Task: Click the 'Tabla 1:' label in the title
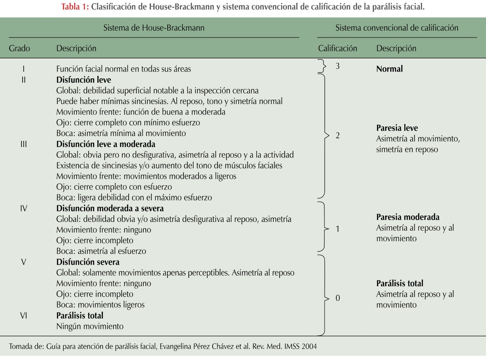(x=75, y=7)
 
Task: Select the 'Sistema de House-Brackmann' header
(x=154, y=28)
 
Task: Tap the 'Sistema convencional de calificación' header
(x=397, y=28)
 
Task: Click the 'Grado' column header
(x=19, y=48)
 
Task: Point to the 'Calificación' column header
(x=337, y=48)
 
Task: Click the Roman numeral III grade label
(x=24, y=144)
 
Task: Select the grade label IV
(x=24, y=208)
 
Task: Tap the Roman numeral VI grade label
(x=24, y=316)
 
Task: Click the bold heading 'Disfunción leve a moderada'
(x=106, y=144)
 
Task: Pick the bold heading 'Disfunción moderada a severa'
(x=110, y=208)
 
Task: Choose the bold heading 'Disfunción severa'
(x=88, y=262)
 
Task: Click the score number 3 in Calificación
(x=338, y=66)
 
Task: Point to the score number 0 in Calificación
(x=338, y=298)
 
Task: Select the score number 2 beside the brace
(x=338, y=136)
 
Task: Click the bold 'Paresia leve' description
(x=397, y=128)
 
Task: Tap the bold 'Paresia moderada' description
(x=408, y=217)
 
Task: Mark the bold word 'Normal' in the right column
(x=389, y=69)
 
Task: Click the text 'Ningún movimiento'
(x=90, y=326)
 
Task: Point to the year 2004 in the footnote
(x=309, y=346)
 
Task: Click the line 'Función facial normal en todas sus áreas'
(x=124, y=69)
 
